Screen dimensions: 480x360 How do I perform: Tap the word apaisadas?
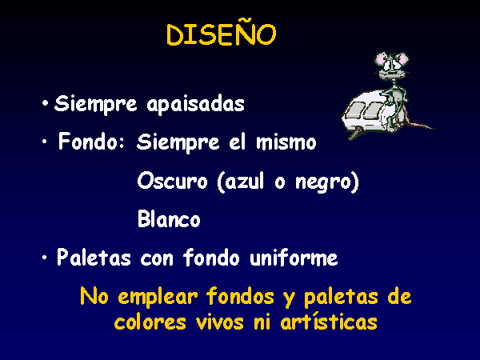[196, 105]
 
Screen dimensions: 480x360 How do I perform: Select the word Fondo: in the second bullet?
[91, 141]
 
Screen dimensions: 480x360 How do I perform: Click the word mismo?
[286, 142]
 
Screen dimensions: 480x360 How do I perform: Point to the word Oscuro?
[172, 181]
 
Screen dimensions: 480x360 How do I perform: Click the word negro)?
[327, 182]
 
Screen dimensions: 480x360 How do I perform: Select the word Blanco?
[169, 218]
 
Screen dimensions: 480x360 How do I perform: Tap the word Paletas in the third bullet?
[94, 257]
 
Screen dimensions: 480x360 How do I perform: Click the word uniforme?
[294, 258]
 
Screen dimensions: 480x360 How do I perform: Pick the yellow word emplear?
[158, 298]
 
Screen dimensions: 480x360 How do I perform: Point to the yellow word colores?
[150, 322]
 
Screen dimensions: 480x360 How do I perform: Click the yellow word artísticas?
[329, 322]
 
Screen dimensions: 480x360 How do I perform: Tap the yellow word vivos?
[219, 322]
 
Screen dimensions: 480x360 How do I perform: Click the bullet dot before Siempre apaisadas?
[46, 103]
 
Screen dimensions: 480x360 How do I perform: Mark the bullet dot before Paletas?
[45, 258]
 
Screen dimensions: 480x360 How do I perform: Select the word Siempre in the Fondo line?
[178, 142]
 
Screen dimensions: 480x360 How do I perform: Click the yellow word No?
[94, 296]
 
